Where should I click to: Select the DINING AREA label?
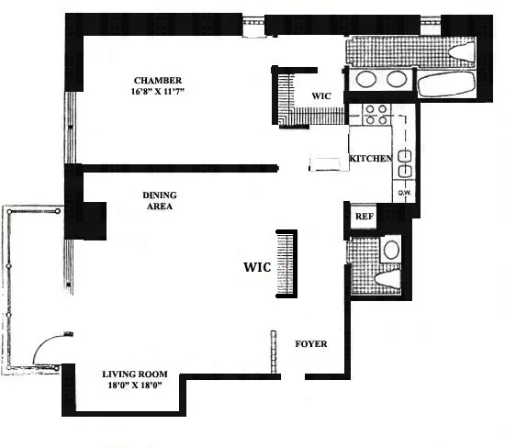(x=159, y=201)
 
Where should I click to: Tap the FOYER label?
(x=310, y=344)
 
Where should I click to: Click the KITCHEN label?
(x=371, y=160)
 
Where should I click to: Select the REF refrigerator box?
(x=364, y=217)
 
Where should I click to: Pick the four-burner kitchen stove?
(x=376, y=114)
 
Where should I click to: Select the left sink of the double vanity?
(x=365, y=79)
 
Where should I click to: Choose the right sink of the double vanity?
(x=397, y=79)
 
